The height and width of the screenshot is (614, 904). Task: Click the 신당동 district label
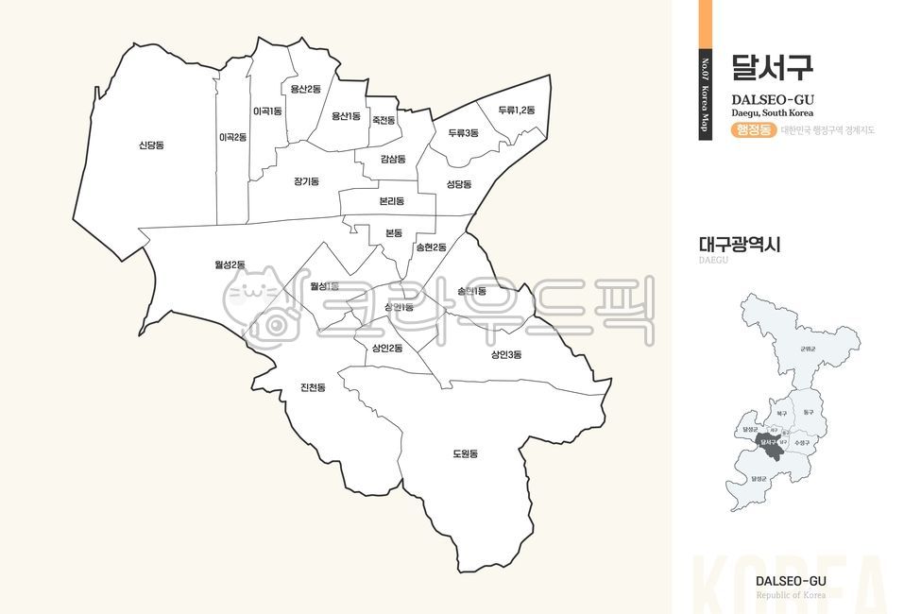[151, 145]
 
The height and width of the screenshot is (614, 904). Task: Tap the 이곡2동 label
[232, 137]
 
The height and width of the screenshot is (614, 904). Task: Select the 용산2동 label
[306, 89]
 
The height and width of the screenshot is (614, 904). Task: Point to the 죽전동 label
[384, 120]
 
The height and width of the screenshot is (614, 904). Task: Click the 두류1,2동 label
[516, 111]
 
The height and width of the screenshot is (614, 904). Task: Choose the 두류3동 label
[463, 133]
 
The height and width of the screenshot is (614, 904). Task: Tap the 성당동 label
[458, 183]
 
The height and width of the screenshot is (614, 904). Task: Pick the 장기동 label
[306, 180]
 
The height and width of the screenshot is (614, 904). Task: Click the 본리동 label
[391, 201]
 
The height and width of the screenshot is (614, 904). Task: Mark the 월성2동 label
[230, 264]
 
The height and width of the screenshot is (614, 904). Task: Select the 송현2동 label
[431, 247]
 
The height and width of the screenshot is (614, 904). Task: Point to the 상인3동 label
[505, 354]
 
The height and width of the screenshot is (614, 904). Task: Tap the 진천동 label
[313, 387]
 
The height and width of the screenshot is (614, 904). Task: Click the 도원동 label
[465, 453]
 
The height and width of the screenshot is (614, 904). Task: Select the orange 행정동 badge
[753, 130]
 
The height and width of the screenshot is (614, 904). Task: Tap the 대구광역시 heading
[740, 245]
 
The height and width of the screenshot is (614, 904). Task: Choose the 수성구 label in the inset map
[804, 441]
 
